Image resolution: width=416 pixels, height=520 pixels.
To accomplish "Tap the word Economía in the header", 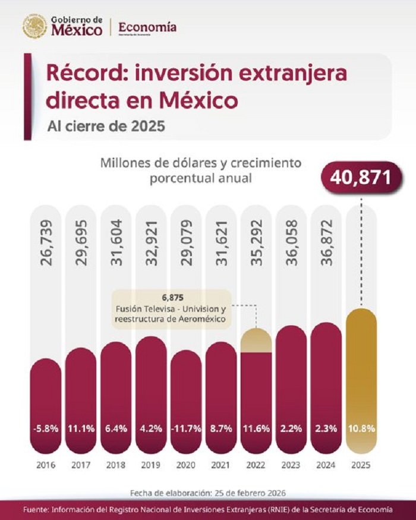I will click(x=147, y=27).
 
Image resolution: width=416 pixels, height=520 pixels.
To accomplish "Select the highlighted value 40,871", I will click(x=358, y=177).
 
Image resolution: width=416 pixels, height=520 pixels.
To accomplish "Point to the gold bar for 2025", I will click(x=361, y=380).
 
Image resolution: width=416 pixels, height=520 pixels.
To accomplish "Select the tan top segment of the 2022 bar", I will click(x=256, y=341).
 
